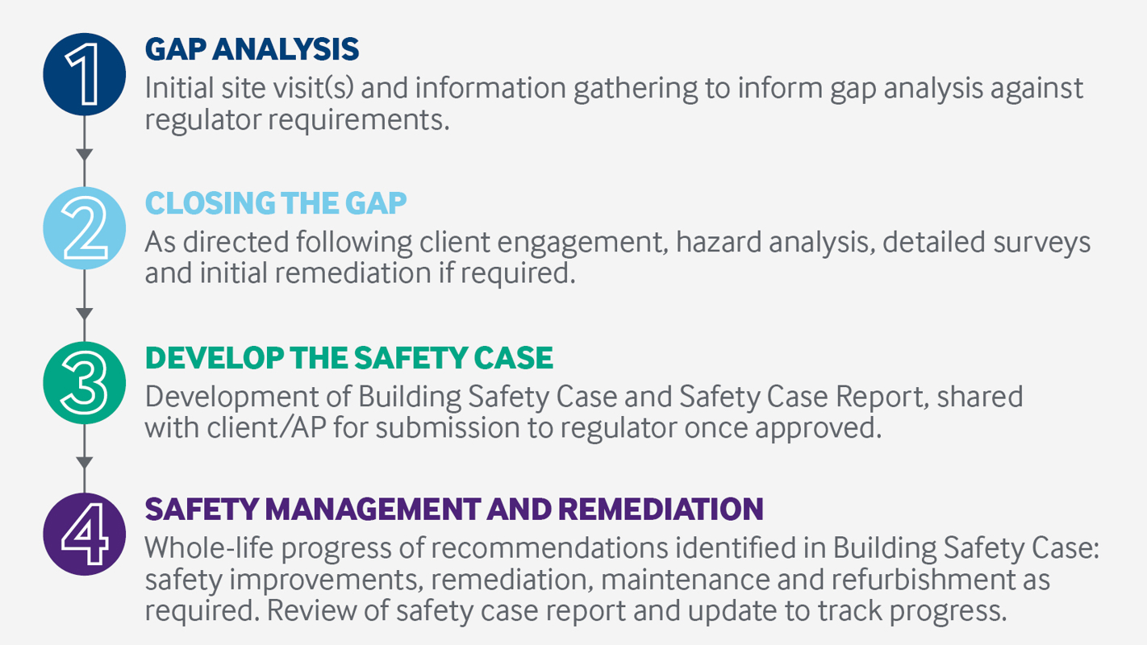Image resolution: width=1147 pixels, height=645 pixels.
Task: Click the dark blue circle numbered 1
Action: tap(85, 74)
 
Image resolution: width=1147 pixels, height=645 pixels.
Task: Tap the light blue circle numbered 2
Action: tap(85, 228)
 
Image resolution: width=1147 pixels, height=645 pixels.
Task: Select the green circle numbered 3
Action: tap(85, 384)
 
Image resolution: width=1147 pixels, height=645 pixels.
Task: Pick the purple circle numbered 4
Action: tap(85, 533)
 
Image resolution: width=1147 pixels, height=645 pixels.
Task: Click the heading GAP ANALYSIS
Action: tap(252, 49)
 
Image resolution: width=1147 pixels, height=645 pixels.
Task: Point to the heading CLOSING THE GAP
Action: tap(276, 203)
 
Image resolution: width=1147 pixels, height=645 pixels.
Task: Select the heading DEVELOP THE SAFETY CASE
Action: tap(348, 358)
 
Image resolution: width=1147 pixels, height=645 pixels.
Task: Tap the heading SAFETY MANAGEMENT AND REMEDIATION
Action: tap(453, 509)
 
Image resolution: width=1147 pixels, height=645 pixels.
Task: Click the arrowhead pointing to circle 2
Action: tap(85, 155)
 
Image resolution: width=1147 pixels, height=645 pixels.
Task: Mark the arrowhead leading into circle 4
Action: tap(85, 462)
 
